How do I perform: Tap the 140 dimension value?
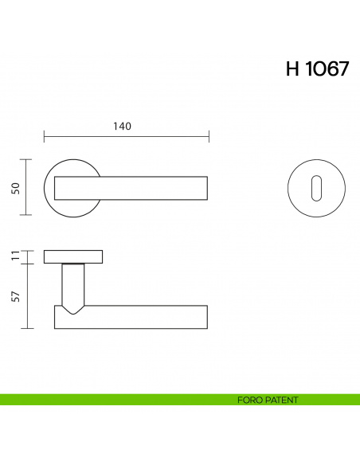pos(122,126)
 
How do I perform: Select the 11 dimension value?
pos(15,256)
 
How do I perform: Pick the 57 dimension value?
pos(15,295)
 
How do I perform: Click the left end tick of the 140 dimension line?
pos(43,137)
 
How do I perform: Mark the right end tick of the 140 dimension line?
pos(209,137)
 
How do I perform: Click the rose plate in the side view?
pos(73,256)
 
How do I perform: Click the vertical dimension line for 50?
pos(29,187)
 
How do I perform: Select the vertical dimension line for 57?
pos(29,295)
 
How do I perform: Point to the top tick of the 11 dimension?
pos(29,250)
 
